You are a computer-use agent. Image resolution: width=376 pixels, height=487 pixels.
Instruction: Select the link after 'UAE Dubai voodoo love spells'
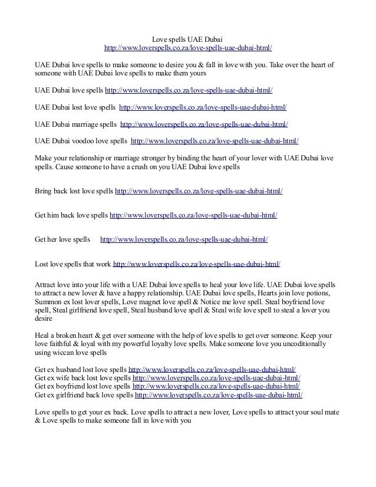pyautogui.click(x=215, y=142)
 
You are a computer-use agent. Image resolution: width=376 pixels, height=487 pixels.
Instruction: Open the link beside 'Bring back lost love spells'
pyautogui.click(x=199, y=192)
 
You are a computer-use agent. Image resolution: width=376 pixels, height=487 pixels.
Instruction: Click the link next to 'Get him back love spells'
pyautogui.click(x=194, y=216)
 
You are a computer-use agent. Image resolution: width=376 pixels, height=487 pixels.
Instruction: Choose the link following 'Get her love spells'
pyautogui.click(x=184, y=239)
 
